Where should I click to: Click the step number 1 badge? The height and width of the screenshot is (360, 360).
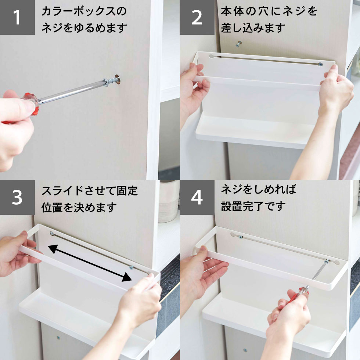[x=17, y=18]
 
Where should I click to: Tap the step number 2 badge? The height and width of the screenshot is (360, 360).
[x=197, y=18]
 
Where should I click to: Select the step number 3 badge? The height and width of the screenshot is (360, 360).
[x=17, y=198]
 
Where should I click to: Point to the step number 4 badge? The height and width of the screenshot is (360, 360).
[x=197, y=198]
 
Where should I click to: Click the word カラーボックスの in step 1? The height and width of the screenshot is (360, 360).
[x=84, y=11]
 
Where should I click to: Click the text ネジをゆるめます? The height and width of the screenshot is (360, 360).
[x=84, y=28]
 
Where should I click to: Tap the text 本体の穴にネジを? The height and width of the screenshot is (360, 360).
[x=269, y=11]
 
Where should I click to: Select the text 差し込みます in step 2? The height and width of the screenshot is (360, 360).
[x=253, y=28]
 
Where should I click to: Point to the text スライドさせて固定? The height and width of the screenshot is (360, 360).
[x=90, y=191]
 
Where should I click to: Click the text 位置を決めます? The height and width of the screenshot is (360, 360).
[x=79, y=207]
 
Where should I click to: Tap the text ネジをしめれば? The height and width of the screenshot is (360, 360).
[x=259, y=190]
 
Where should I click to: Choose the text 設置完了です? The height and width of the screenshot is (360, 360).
[x=253, y=206]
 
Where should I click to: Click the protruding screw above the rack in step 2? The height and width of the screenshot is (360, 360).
[x=240, y=44]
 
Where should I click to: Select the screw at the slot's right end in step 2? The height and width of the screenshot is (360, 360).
[x=320, y=64]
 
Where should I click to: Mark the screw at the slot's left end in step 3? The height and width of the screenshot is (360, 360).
[x=52, y=234]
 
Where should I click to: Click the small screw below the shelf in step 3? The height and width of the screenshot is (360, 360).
[x=58, y=338]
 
